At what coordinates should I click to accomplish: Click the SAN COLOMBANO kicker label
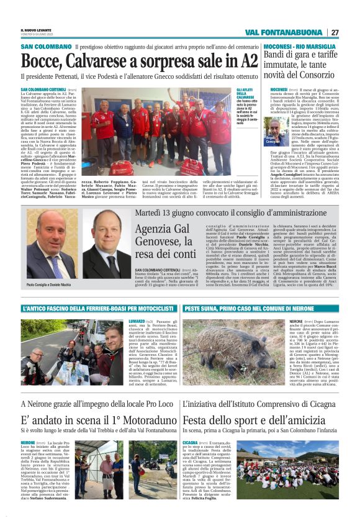[46, 47]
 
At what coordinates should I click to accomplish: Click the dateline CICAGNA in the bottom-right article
[191, 443]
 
